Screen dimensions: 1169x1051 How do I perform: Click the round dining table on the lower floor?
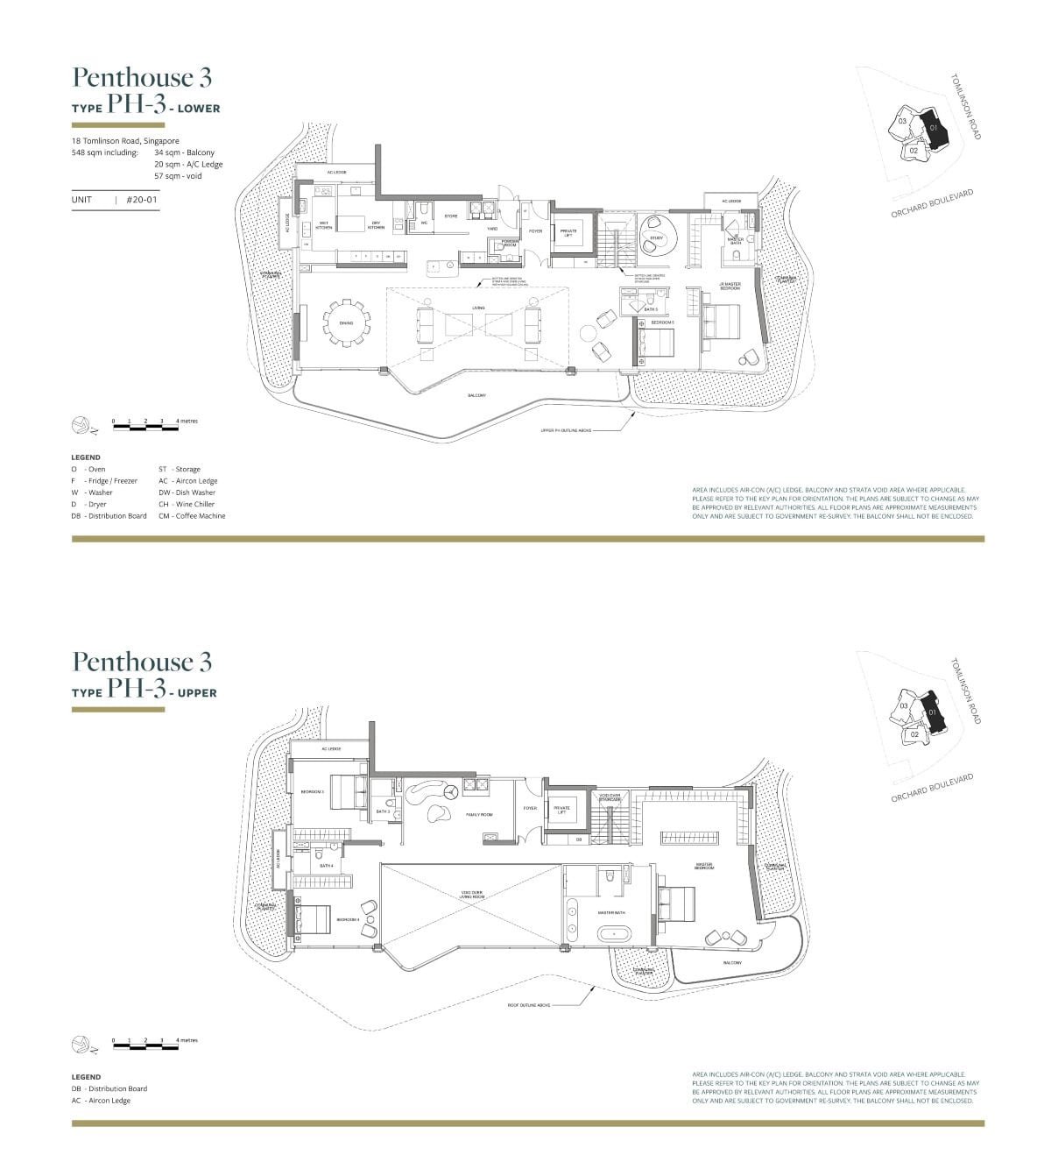pyautogui.click(x=346, y=323)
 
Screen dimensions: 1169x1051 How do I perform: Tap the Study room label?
pyautogui.click(x=656, y=237)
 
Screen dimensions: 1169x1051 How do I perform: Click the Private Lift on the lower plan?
pyautogui.click(x=568, y=233)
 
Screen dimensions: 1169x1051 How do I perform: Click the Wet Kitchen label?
pyautogui.click(x=323, y=225)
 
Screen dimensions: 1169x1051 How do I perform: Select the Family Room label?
pyautogui.click(x=478, y=814)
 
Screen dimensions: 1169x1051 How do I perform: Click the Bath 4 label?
pyautogui.click(x=327, y=866)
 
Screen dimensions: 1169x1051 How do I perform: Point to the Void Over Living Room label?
pyautogui.click(x=472, y=895)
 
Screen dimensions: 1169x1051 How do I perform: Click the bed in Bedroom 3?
pyautogui.click(x=347, y=791)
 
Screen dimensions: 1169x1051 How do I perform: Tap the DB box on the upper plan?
pyautogui.click(x=579, y=840)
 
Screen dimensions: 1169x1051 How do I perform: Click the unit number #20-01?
pyautogui.click(x=142, y=200)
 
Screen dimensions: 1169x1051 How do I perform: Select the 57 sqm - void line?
pyautogui.click(x=178, y=176)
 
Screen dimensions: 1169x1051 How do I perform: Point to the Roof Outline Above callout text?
pyautogui.click(x=528, y=1005)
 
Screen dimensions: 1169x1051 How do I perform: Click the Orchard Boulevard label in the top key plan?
pyautogui.click(x=932, y=204)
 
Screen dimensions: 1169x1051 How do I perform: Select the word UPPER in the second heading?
pyautogui.click(x=197, y=692)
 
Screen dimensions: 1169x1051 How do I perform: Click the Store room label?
pyautogui.click(x=451, y=216)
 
